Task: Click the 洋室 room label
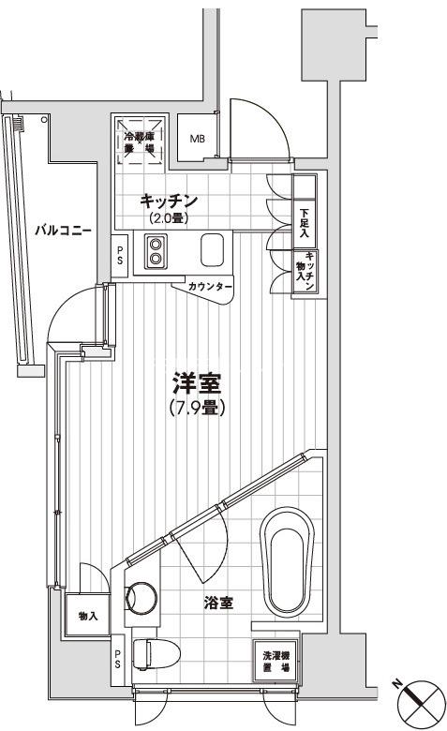[196, 384]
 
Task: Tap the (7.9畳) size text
[197, 409]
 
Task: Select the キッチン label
[169, 201]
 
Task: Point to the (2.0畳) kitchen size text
[169, 218]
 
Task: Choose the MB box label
[198, 140]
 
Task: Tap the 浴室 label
[217, 604]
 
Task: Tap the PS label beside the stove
[119, 255]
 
